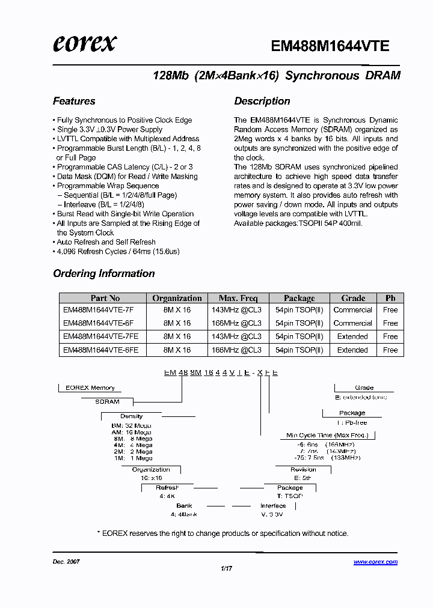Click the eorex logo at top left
click(84, 43)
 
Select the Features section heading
click(74, 101)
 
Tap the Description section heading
click(262, 101)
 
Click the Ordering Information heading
click(104, 273)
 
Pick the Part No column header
click(105, 298)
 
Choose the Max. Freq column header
click(238, 298)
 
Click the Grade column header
click(353, 298)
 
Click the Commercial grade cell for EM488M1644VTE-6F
click(353, 323)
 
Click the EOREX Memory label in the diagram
click(90, 388)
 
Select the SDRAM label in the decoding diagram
click(108, 401)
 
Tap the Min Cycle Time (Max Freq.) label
click(327, 435)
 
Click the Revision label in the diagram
click(303, 470)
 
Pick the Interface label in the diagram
click(273, 506)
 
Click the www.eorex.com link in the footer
click(375, 562)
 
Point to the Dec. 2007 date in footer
click(66, 562)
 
